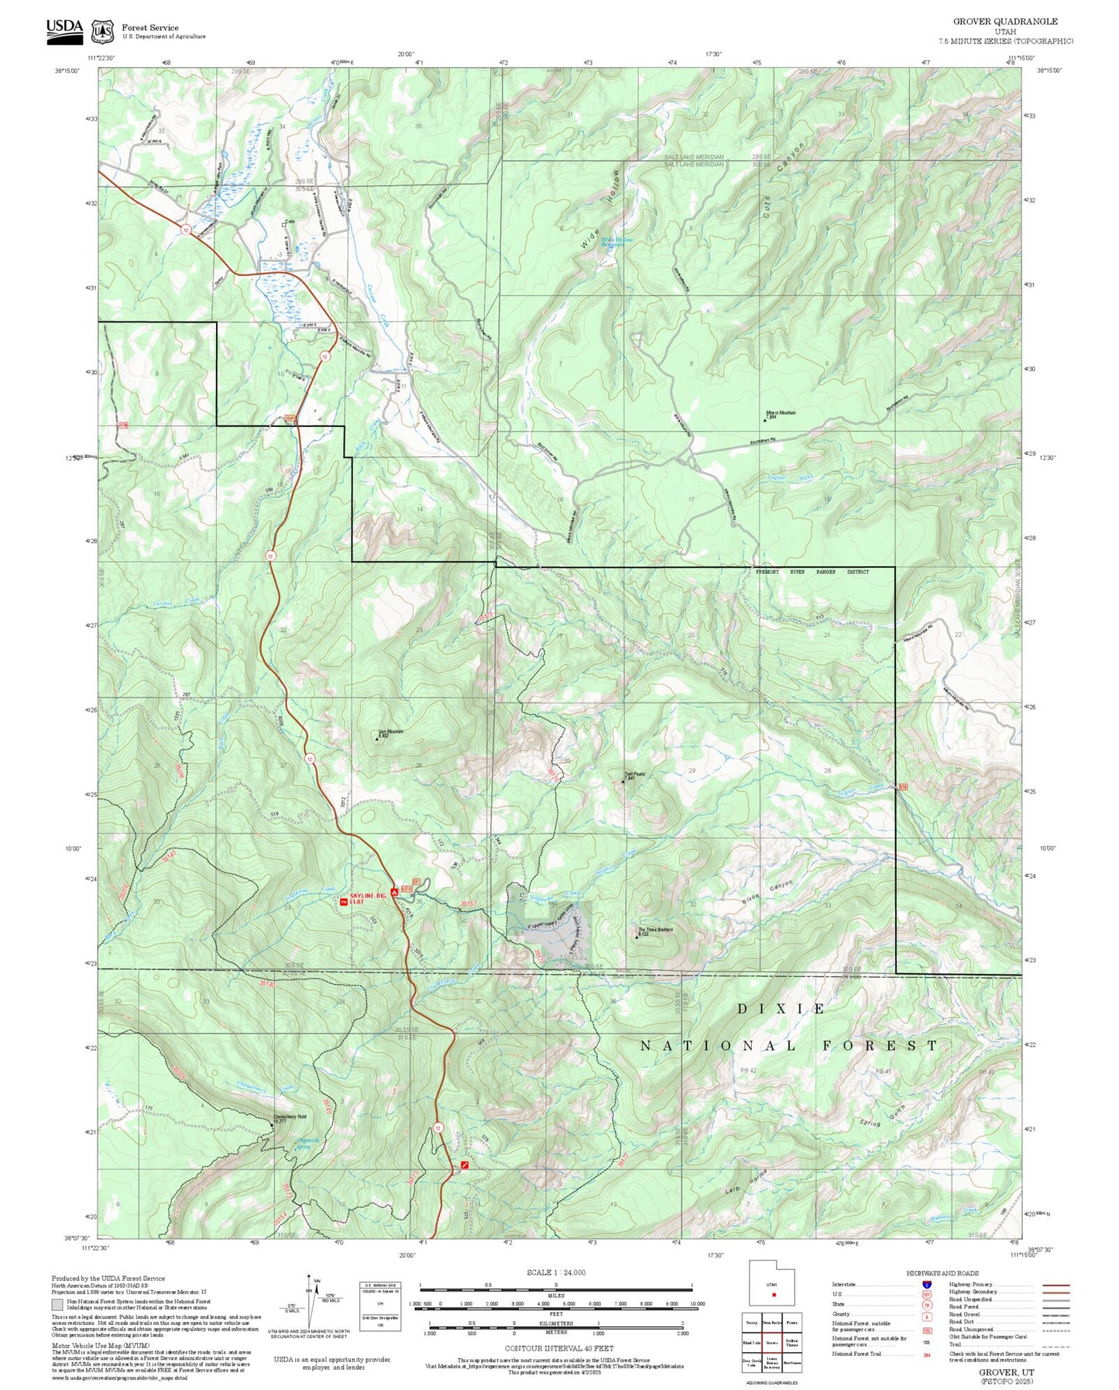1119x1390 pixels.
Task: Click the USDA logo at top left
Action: pos(64,28)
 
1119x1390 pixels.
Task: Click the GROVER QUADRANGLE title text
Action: pos(1004,22)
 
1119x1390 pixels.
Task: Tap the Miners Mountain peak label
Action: pos(781,415)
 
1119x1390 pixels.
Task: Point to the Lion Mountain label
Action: pos(390,733)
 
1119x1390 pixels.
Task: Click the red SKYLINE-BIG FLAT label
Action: pos(367,898)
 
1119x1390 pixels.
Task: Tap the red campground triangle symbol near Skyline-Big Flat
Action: pos(394,893)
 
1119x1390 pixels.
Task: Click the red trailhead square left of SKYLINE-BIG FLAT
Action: pos(344,901)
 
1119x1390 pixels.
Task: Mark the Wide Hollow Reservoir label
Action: pos(617,243)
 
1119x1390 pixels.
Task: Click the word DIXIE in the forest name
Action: pos(781,1009)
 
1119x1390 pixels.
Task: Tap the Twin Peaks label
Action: pos(635,775)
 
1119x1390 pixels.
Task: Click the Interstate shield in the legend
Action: pos(925,1284)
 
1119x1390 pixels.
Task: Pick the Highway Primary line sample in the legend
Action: pos(1055,1285)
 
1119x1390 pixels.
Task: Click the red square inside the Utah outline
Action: pos(773,1295)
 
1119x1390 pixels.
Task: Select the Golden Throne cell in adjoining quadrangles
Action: pos(791,1343)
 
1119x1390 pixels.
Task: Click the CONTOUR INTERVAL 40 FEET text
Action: pos(558,1348)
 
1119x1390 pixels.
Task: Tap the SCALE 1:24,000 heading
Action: pos(555,1272)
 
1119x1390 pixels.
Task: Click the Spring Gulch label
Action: pos(882,1117)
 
